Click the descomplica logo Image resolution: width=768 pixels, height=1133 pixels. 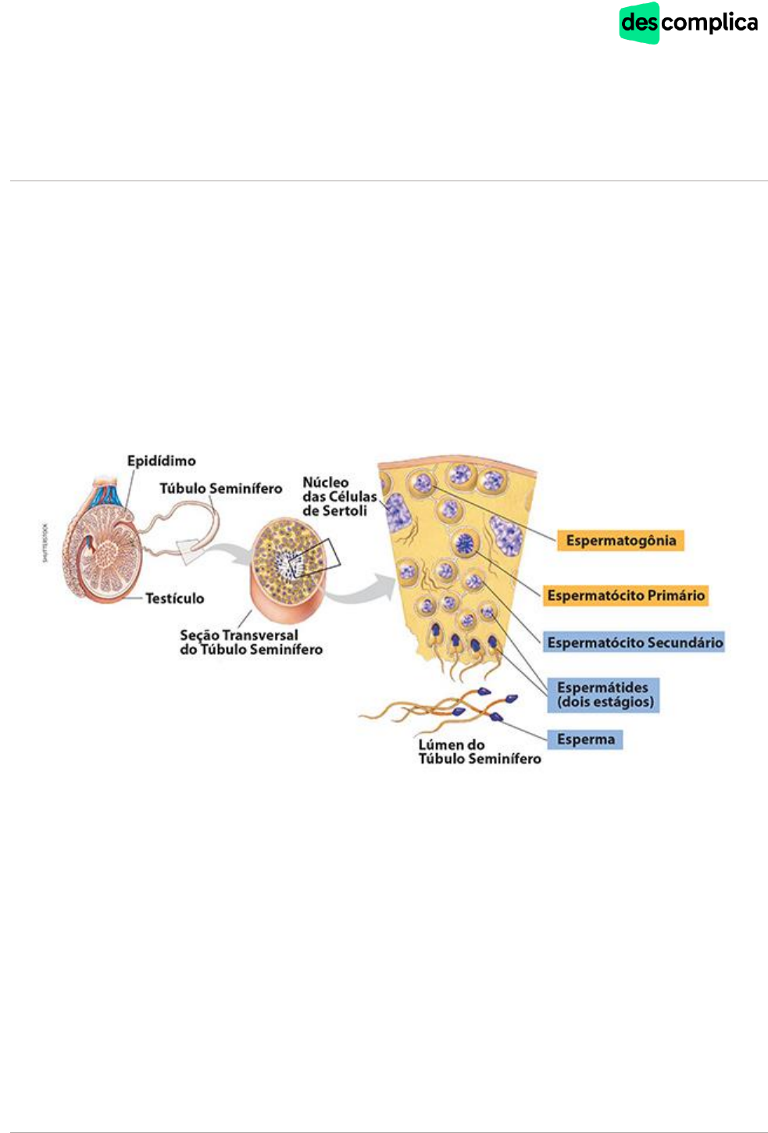(688, 23)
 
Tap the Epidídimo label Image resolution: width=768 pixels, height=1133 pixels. (161, 461)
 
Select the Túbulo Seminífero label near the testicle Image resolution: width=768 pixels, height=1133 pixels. (220, 488)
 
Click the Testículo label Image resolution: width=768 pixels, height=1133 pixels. (174, 599)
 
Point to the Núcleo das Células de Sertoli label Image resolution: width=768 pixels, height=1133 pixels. (339, 497)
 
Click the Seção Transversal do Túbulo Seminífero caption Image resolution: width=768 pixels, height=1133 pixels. (250, 642)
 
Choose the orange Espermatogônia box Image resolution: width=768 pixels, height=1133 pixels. (620, 541)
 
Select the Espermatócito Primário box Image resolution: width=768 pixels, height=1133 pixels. (626, 595)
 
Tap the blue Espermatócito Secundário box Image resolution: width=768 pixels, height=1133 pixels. (634, 643)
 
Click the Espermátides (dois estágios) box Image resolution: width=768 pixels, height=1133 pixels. (604, 695)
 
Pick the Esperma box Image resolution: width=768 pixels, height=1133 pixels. (585, 739)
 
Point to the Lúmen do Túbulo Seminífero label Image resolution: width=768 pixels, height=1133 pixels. (479, 752)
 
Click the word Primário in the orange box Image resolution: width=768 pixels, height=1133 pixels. (676, 595)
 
